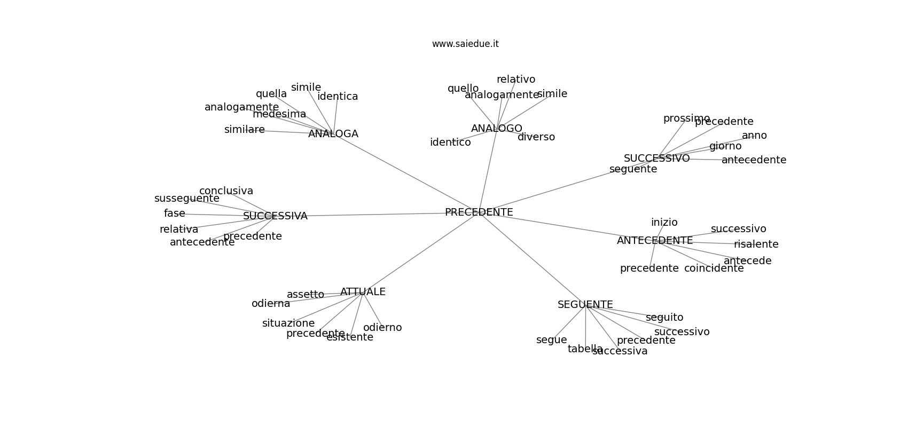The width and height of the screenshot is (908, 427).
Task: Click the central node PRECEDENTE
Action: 479,212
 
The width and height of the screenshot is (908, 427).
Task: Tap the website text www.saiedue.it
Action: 465,44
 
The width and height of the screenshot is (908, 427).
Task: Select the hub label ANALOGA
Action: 333,134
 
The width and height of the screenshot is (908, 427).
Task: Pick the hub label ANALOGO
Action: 496,129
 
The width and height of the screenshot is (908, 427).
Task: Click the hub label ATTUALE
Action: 363,292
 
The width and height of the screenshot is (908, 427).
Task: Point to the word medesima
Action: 279,114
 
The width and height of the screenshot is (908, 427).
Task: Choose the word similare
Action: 244,130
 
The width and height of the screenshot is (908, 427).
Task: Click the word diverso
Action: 536,137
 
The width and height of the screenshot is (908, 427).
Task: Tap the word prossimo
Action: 686,118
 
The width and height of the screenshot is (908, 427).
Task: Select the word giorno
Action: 725,146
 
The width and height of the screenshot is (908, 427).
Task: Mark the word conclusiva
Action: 226,191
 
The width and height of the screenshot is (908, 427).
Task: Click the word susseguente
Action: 186,199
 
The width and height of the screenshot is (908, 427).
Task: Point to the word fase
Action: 174,213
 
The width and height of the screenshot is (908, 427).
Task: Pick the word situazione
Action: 288,323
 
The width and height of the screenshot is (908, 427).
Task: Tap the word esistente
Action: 349,337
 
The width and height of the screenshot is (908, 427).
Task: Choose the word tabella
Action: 585,349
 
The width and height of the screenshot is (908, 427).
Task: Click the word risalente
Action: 756,244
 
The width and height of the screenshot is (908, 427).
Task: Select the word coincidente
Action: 714,268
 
